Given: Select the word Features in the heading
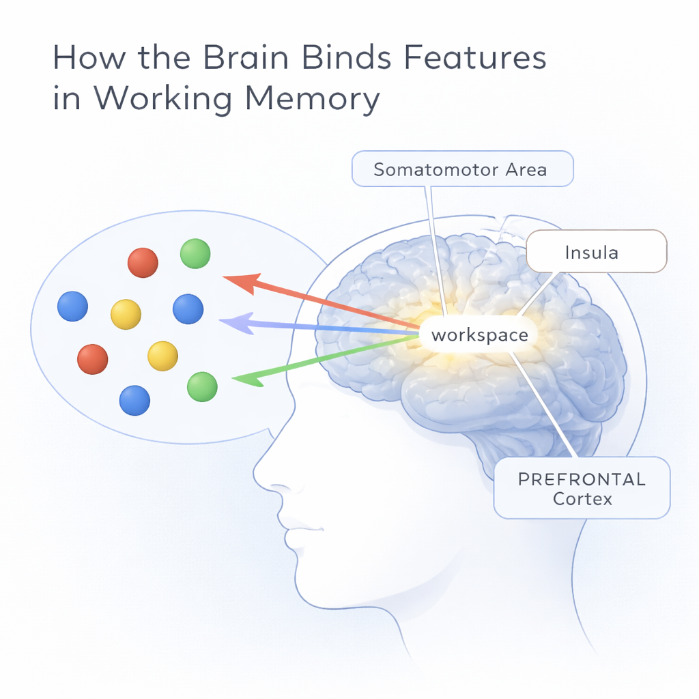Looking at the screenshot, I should coord(470,58).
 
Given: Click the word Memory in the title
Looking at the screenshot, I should coord(312,100).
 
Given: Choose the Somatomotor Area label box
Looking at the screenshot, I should coord(461,169).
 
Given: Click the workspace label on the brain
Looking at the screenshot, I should coord(479,335).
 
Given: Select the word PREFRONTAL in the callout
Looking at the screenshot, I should coord(582,479).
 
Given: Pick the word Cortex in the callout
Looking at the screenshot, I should coord(582,499).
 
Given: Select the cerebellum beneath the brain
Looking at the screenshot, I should coord(519,444).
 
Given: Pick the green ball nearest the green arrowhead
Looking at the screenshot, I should coord(202,386).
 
